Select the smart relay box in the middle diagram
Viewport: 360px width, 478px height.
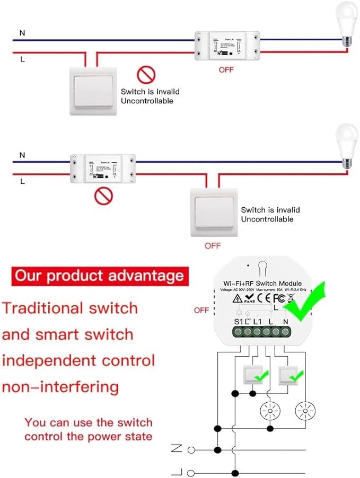coord(102,169)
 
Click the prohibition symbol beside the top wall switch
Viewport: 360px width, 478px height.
coord(145,75)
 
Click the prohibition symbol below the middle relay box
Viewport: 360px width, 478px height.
coord(103,197)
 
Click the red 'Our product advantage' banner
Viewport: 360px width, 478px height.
coord(100,276)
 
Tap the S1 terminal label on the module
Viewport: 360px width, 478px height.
coord(240,321)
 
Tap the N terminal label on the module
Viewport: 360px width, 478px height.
coord(287,321)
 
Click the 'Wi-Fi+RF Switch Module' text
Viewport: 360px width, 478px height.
coord(262,284)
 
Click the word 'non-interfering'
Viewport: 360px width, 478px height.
coord(60,386)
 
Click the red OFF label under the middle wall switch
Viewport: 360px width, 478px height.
coord(213,246)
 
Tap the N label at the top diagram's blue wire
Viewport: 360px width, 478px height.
coord(22,33)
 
